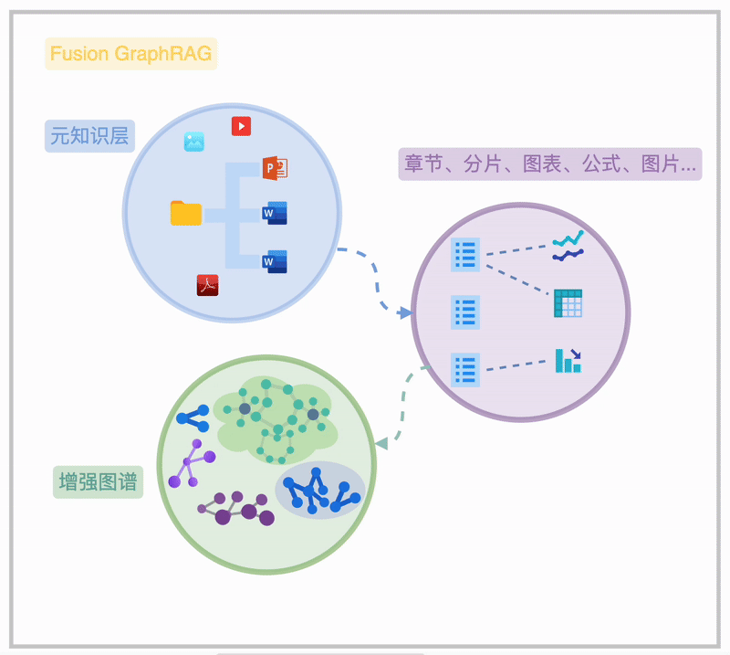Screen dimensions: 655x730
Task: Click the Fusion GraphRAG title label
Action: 130,54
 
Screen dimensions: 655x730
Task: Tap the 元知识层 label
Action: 89,136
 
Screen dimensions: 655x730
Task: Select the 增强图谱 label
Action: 98,482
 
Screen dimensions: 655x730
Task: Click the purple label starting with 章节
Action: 549,164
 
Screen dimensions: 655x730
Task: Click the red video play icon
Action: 241,126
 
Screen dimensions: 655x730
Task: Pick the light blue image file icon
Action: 193,142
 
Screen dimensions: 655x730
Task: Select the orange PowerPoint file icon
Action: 275,168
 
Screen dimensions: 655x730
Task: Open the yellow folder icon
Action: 186,213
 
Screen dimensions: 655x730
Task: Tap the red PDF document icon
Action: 208,285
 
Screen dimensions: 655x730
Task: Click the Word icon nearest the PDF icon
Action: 275,261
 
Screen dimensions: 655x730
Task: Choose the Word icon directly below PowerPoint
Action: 275,213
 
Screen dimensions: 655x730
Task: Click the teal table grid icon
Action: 568,303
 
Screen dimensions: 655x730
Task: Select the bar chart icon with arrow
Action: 568,361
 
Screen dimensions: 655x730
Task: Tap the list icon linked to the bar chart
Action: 465,370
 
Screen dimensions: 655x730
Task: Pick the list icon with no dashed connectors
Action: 465,312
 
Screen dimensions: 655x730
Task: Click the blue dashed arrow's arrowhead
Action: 405,312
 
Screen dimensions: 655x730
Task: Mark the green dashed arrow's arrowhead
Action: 381,443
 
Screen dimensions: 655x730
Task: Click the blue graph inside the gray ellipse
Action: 320,491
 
